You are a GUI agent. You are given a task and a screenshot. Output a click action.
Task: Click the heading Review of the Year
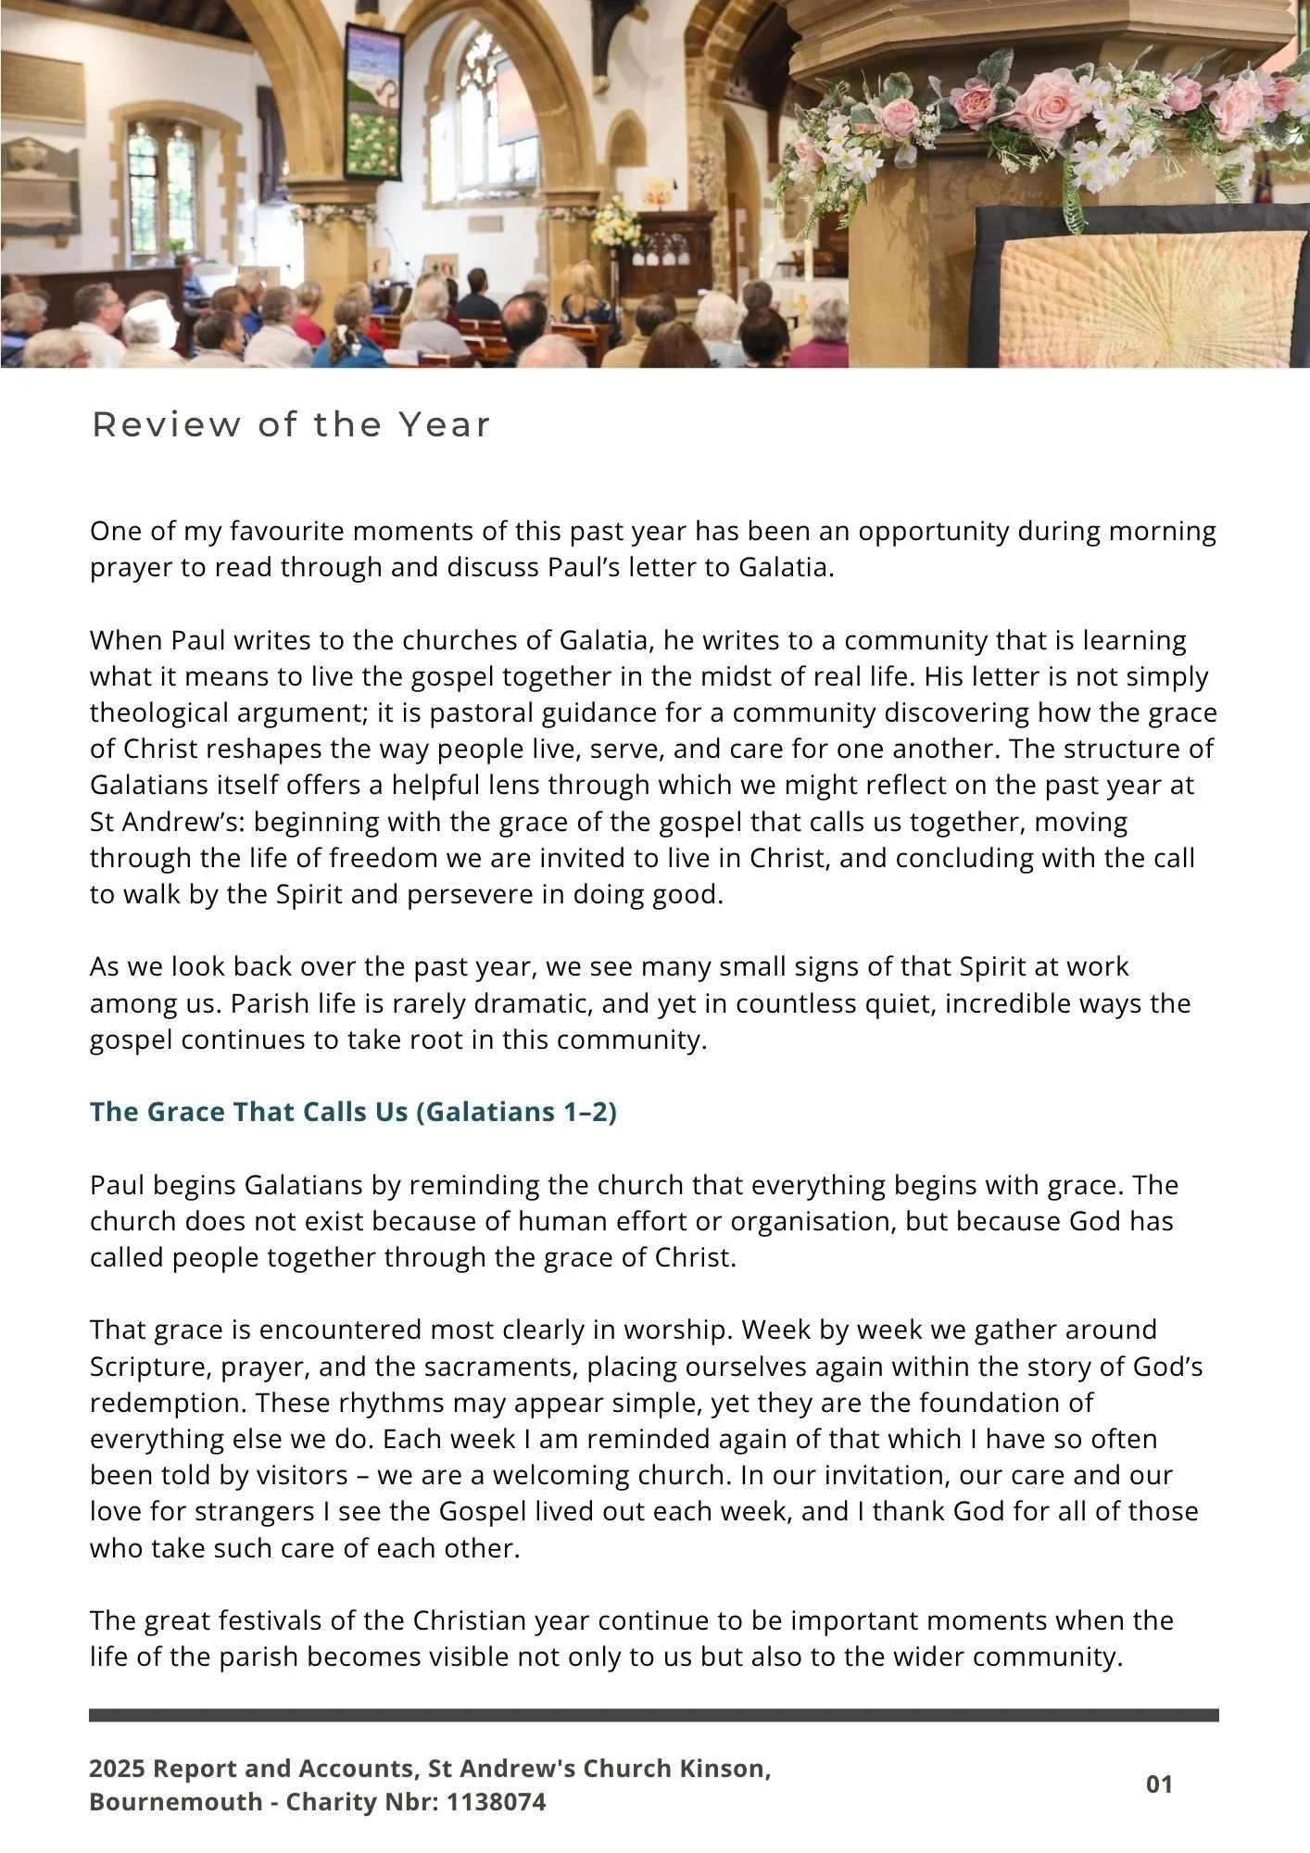click(x=291, y=425)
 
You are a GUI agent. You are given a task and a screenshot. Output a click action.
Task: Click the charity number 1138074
click(x=496, y=1802)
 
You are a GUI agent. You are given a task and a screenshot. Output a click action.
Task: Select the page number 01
click(x=1159, y=1784)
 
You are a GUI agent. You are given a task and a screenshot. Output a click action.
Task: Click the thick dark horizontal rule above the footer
click(x=654, y=1716)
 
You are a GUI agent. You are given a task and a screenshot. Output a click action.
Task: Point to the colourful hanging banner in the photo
click(x=372, y=104)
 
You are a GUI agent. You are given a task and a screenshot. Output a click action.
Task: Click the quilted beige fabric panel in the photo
click(x=1149, y=296)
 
